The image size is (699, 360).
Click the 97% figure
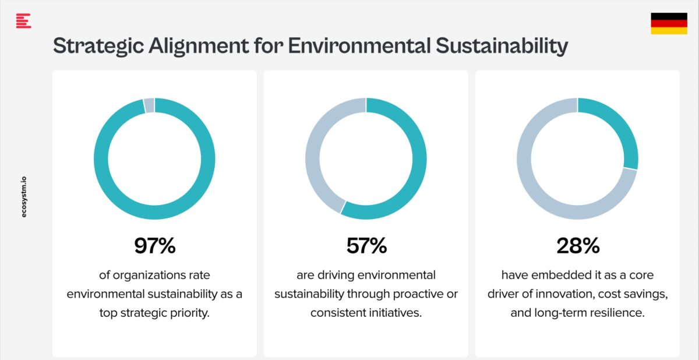(154, 246)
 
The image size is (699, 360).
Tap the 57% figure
(366, 246)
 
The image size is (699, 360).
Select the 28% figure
(577, 246)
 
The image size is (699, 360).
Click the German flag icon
(669, 23)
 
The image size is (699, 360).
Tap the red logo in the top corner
(23, 22)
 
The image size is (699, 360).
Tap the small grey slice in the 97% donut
(149, 105)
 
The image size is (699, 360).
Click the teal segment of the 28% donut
(617, 131)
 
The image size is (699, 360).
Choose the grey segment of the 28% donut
(542, 186)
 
